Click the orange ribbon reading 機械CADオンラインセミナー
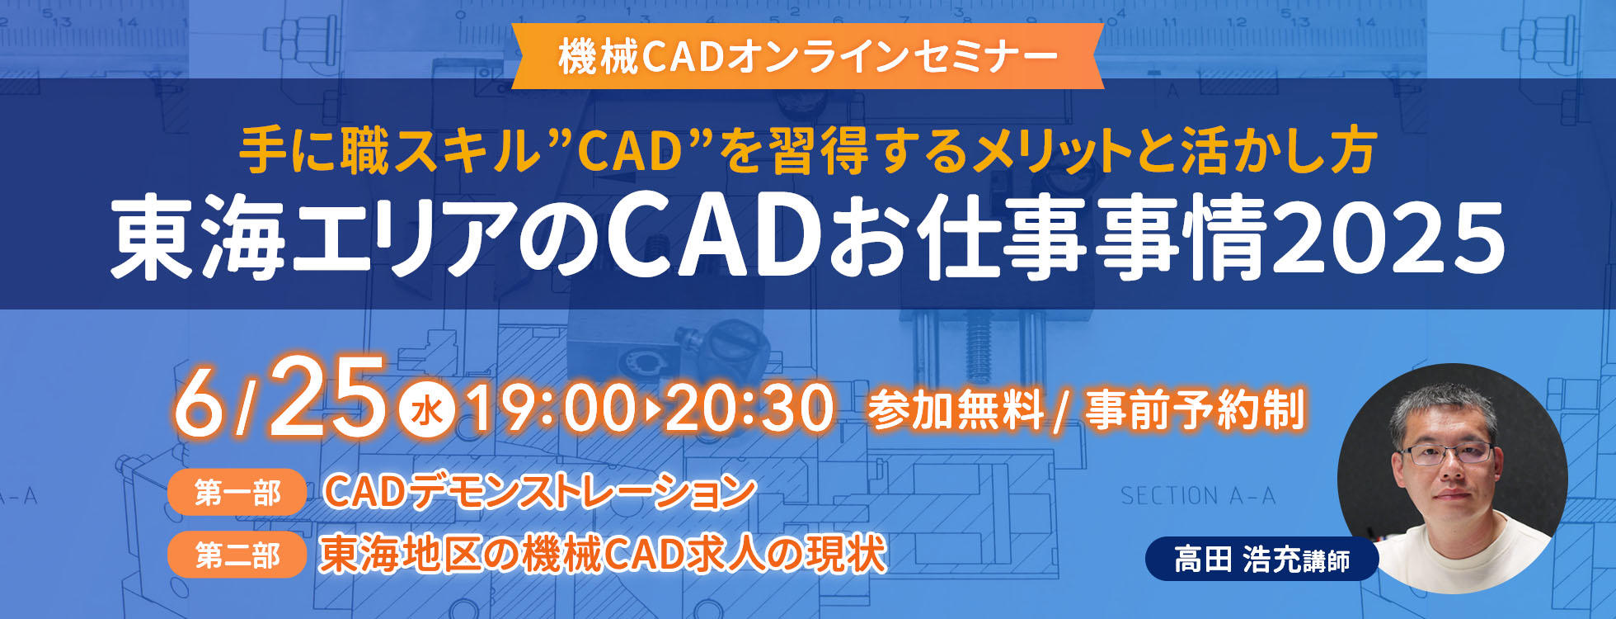tap(808, 56)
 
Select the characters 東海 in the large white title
tap(199, 239)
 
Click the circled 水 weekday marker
tap(426, 410)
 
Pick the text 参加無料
tap(956, 409)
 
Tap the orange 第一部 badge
tap(237, 493)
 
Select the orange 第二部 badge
tap(237, 555)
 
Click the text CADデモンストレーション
tap(540, 492)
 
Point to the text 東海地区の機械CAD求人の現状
tap(603, 554)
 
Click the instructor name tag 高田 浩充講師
tap(1261, 560)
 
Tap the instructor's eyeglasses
tap(1448, 453)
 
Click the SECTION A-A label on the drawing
tap(1198, 496)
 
